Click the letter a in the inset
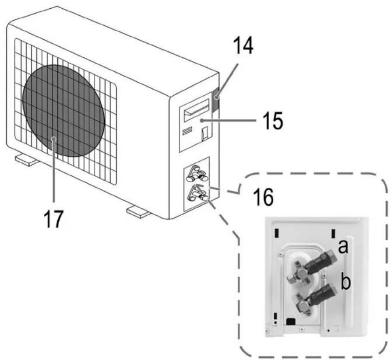pos(343,247)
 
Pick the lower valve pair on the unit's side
pos(198,195)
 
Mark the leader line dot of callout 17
pos(54,139)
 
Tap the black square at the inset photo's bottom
pos(289,321)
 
